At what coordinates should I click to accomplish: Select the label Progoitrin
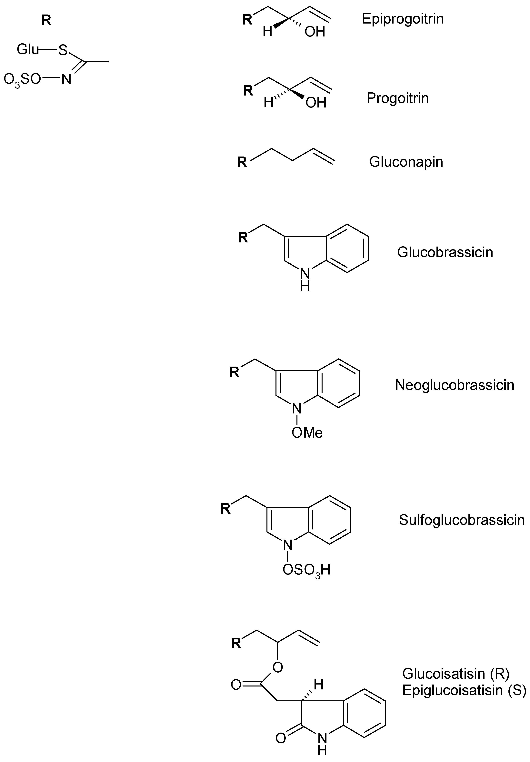(398, 98)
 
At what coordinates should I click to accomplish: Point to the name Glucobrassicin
(445, 252)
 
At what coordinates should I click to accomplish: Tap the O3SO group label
(22, 80)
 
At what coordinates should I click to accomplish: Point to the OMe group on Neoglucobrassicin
(307, 432)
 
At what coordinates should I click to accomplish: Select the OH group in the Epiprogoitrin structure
(315, 32)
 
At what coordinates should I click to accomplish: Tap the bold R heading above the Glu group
(46, 21)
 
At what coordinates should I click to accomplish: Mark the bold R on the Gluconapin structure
(242, 163)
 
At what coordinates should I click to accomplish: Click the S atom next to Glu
(63, 50)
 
